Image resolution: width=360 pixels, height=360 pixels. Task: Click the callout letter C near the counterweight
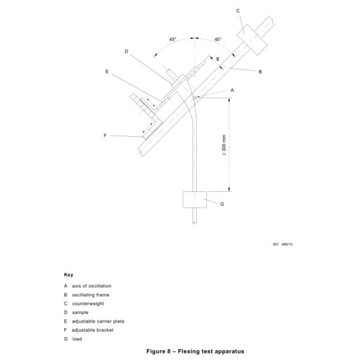coord(238,10)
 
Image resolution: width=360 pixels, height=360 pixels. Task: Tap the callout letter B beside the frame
coord(260,71)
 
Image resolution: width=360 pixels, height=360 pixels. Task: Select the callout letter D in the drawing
coord(127,52)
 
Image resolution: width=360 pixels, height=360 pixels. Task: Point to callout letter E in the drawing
coord(107,71)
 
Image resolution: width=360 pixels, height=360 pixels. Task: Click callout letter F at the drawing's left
coord(105,136)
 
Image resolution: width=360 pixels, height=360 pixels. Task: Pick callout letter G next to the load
coord(222,204)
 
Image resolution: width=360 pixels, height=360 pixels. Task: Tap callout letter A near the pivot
coord(232,90)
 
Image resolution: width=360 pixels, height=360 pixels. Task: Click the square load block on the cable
coord(194,199)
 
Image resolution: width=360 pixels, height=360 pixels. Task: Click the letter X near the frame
coord(217,59)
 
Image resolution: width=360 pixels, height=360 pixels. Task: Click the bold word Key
coord(68,274)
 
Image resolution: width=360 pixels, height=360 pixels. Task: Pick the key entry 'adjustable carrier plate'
coord(97,321)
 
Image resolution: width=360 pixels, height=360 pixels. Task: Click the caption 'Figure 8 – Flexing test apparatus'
coord(180,350)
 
